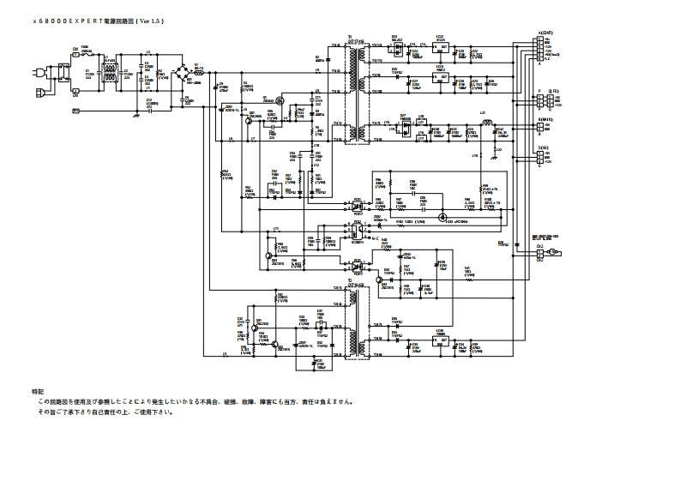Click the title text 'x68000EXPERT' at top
(x=64, y=18)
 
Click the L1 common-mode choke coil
(x=108, y=72)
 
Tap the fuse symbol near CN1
(x=87, y=51)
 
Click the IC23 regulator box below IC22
(x=440, y=77)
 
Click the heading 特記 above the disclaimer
(x=36, y=391)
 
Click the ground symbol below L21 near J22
(x=500, y=153)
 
